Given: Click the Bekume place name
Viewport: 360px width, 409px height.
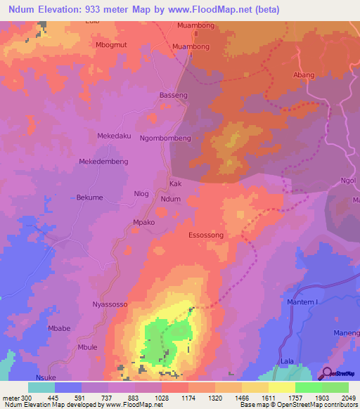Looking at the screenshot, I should pos(89,197).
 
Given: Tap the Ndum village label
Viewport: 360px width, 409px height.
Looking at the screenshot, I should pos(171,200).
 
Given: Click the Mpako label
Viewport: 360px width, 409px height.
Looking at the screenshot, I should pos(143,223).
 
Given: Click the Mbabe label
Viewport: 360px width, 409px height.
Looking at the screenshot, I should pos(57,328).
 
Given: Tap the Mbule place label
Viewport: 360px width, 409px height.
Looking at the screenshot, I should pos(88,347).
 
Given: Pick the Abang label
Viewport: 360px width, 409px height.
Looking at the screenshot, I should pos(303,74).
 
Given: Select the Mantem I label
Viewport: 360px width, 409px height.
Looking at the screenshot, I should pos(303,302).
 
